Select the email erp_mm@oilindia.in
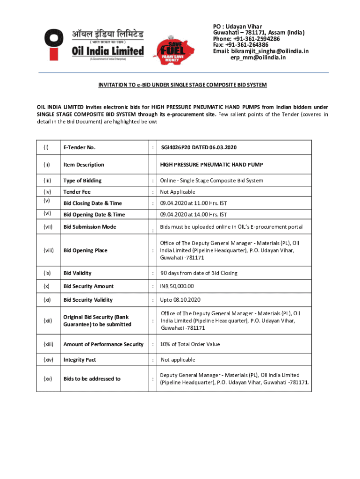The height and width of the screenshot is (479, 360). (x=258, y=58)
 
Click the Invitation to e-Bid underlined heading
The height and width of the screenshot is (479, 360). (x=182, y=85)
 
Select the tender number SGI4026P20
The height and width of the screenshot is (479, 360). (x=199, y=147)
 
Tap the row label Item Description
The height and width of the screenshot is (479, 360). (x=84, y=165)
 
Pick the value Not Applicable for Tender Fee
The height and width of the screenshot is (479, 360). (x=178, y=192)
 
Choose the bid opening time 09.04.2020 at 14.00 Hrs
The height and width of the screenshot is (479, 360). (x=194, y=214)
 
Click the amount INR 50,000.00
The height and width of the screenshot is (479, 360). (x=177, y=286)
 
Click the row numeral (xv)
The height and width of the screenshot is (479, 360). (x=47, y=379)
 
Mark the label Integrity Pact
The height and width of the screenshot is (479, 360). (x=80, y=360)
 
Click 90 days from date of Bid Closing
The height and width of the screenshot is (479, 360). (x=199, y=273)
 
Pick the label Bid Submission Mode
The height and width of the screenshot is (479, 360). (x=90, y=226)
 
